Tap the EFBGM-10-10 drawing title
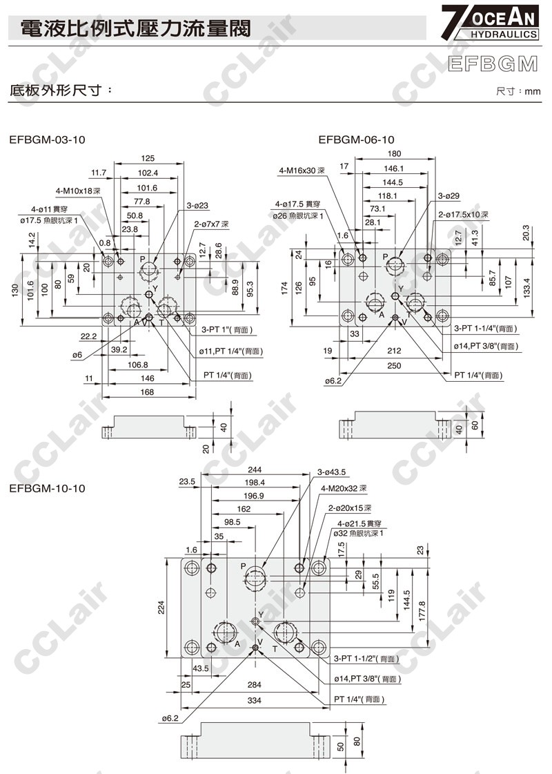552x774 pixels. point(47,488)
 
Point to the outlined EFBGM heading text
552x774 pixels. point(493,64)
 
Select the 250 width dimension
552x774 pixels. point(393,365)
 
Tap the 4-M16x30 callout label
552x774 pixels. point(302,170)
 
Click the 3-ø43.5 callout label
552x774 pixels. point(331,472)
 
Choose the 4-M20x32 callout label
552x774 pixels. point(344,489)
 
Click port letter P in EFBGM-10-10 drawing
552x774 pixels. point(243,566)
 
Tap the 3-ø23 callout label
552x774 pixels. point(197,205)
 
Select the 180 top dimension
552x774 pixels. point(394,154)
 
